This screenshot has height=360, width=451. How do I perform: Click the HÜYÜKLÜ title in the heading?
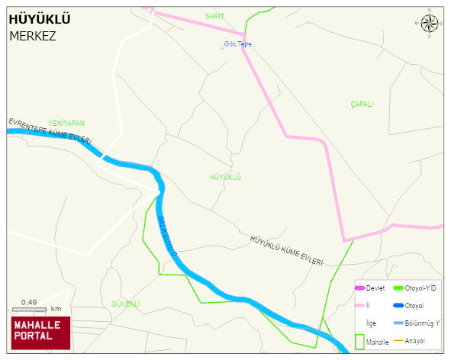(34, 19)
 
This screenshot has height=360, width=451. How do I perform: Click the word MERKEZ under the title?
(32, 35)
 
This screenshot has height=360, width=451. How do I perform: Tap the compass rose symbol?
(430, 24)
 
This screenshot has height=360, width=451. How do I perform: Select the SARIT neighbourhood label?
(214, 15)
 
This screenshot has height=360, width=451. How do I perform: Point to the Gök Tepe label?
(237, 44)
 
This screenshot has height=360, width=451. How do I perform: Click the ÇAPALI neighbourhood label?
(362, 104)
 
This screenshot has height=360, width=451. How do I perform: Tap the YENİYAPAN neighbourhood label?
(66, 123)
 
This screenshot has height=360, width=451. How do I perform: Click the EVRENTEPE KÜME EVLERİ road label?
(50, 131)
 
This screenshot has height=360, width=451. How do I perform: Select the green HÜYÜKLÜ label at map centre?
(225, 177)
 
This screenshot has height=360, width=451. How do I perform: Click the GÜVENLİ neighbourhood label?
(125, 304)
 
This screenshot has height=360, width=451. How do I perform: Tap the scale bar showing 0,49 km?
(35, 308)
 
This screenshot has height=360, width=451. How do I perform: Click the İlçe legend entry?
(372, 323)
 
